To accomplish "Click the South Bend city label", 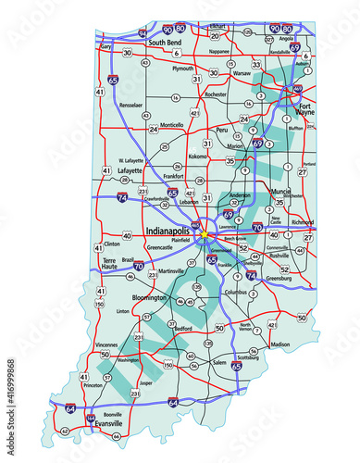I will point(169,43).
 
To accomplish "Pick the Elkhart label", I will point(243,25).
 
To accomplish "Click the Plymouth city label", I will point(182,69).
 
